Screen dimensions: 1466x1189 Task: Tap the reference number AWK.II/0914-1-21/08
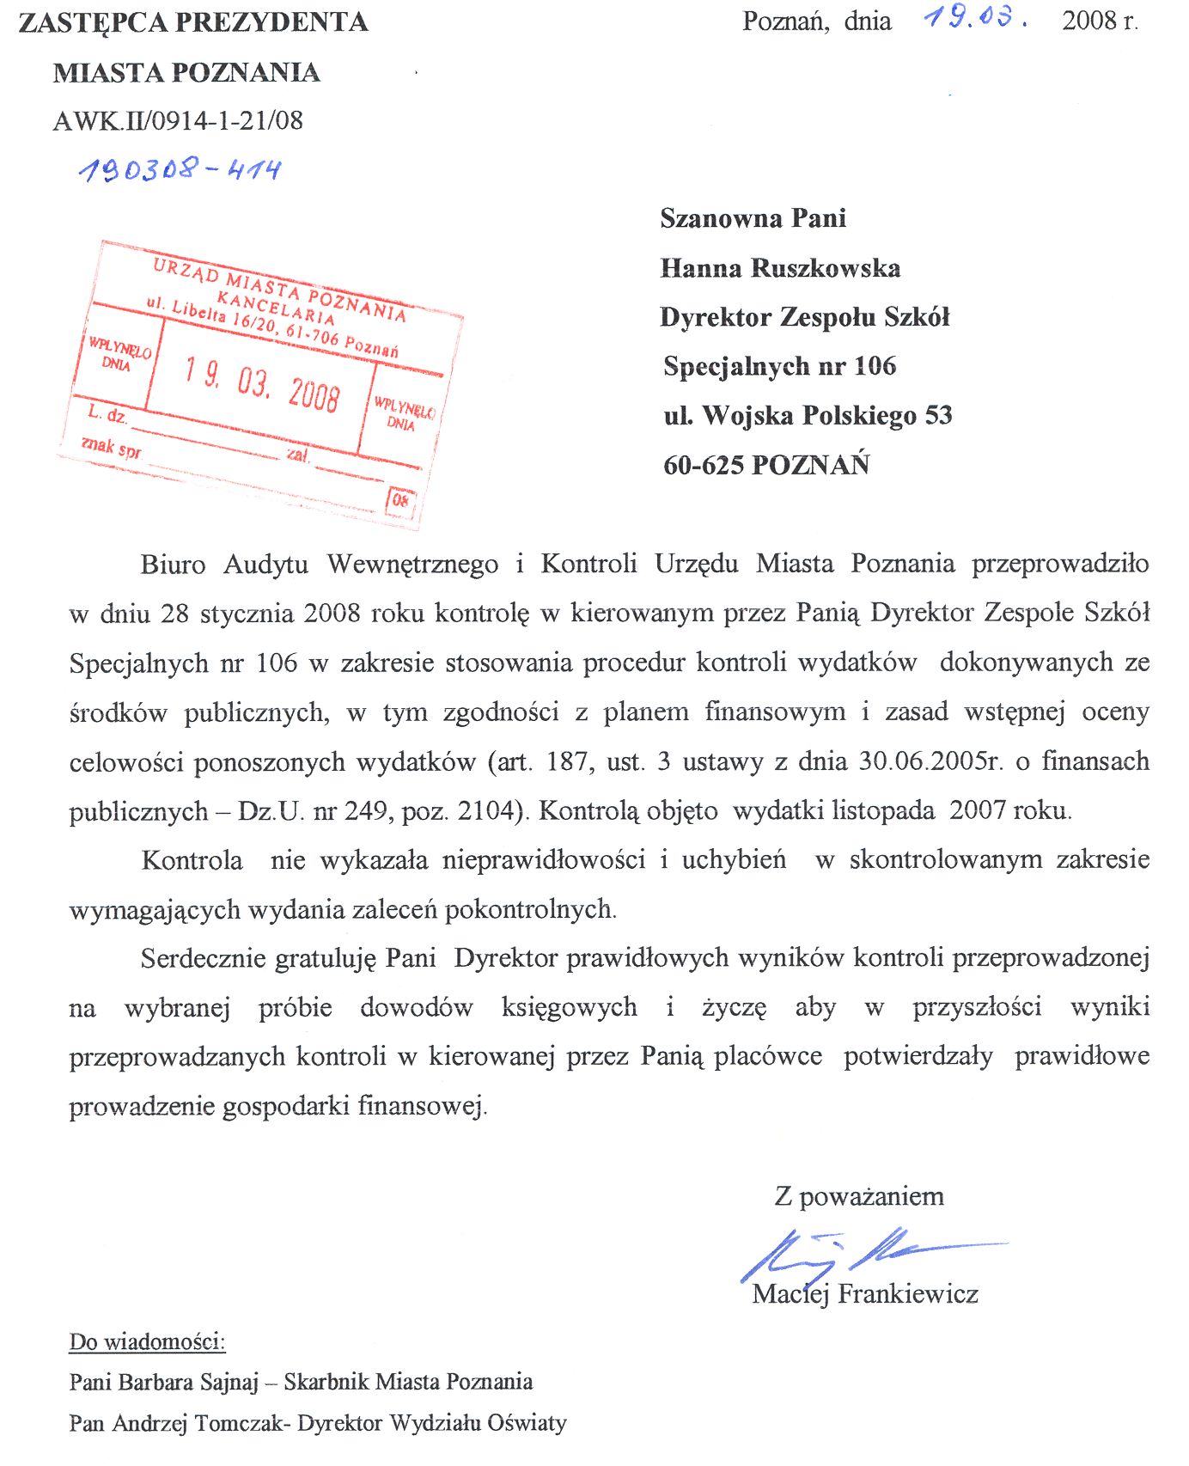178,120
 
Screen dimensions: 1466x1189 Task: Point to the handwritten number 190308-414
180,169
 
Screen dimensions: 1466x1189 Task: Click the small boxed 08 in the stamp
400,499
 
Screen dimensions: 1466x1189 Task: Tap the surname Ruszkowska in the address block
826,268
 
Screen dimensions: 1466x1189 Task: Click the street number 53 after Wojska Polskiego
938,416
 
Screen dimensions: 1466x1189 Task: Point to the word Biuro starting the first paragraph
174,565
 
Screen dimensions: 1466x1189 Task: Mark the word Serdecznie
204,958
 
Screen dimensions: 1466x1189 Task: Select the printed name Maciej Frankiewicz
865,1294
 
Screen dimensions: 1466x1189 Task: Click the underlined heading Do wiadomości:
147,1341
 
